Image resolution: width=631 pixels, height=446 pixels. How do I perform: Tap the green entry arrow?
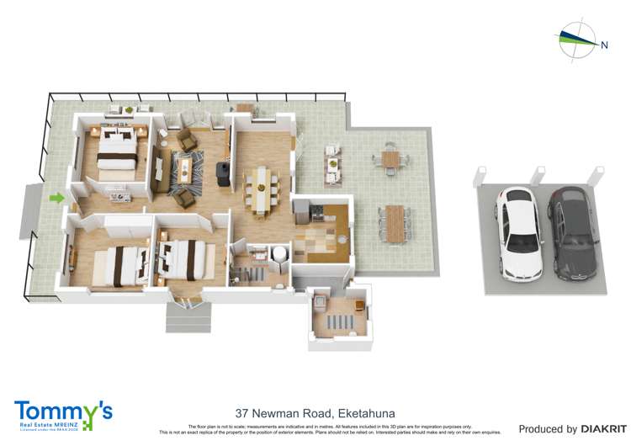coord(56,199)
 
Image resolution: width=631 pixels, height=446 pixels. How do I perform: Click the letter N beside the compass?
coord(604,45)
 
